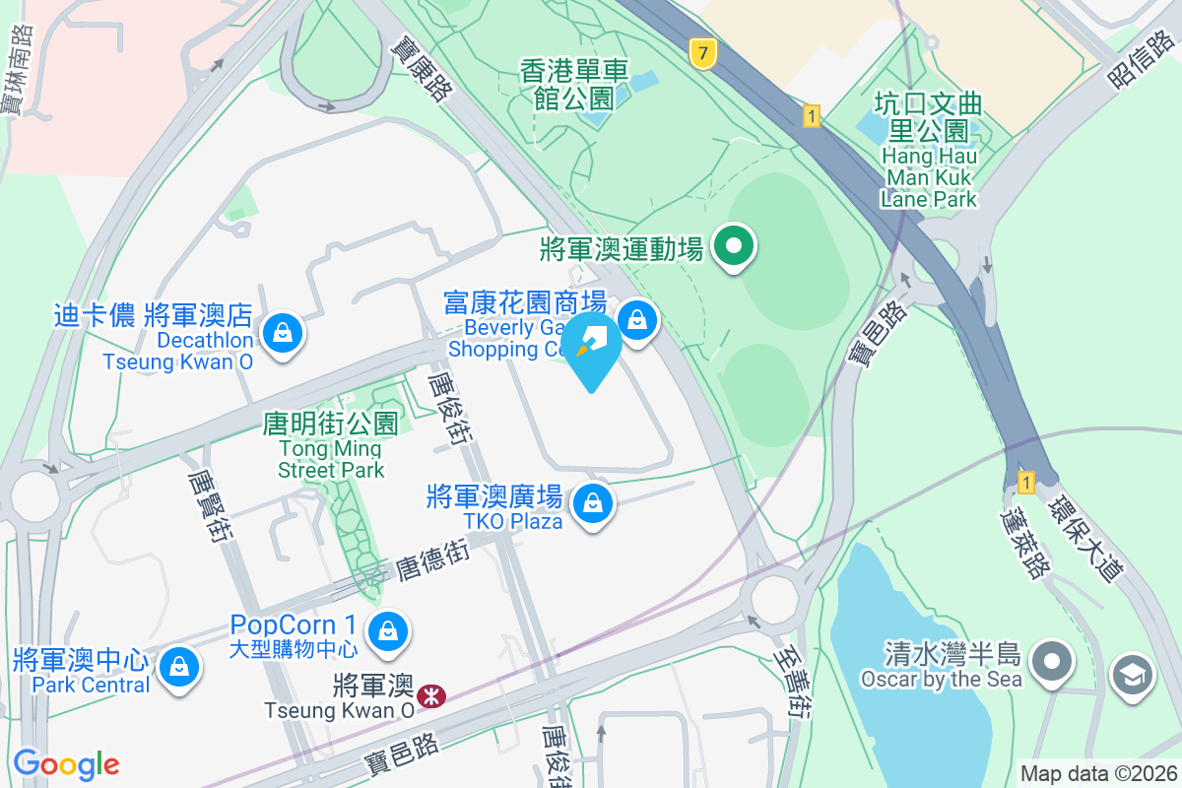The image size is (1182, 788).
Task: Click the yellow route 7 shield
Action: tap(701, 53)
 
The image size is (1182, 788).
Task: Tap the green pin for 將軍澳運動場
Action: tap(734, 246)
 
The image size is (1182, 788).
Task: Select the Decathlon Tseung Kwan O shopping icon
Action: tap(284, 332)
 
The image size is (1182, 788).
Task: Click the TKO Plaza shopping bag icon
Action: tap(593, 503)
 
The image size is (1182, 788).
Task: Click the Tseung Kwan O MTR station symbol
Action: tap(430, 696)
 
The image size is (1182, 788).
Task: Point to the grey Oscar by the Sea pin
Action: tap(1053, 658)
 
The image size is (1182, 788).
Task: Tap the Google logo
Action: tap(66, 764)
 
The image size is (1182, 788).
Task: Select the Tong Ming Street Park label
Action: tap(331, 446)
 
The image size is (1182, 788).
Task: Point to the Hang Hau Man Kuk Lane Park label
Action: tap(930, 154)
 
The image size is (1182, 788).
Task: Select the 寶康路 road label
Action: tap(421, 65)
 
